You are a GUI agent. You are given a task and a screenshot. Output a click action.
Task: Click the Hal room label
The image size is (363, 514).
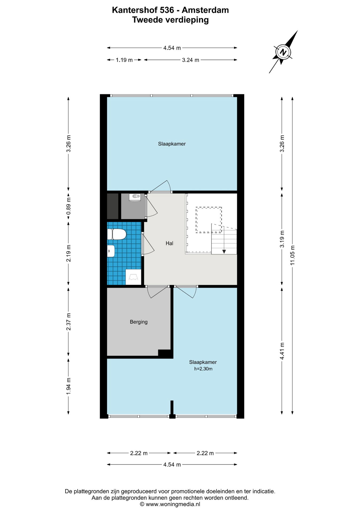[x=169, y=243]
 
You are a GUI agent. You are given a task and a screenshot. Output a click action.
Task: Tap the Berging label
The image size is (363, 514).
[x=139, y=322]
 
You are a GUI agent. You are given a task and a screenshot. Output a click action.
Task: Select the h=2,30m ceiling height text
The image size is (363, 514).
[x=203, y=369]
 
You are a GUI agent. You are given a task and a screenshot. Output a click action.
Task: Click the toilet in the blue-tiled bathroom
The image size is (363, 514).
[x=117, y=234]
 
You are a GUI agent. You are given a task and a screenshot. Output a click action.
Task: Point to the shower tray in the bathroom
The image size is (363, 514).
[x=133, y=277]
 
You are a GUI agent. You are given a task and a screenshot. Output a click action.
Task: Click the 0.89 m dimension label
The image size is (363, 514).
[x=68, y=206]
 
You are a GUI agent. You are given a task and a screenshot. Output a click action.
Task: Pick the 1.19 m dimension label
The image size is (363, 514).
[x=124, y=60]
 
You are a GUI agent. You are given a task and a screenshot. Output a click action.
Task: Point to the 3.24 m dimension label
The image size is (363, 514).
[x=191, y=60]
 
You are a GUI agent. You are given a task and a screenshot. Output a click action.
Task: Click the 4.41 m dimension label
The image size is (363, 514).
[x=282, y=351]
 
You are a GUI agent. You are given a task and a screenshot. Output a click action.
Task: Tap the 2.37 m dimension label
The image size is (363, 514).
[x=68, y=321]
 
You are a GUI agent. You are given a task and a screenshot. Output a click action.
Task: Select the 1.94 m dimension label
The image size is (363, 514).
[x=68, y=386]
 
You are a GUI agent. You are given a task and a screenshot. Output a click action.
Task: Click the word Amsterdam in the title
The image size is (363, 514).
[x=205, y=10]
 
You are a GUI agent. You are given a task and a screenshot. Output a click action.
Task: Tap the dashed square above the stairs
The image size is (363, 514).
[x=209, y=220]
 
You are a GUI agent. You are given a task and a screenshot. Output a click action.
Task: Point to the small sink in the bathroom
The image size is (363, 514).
[x=111, y=251]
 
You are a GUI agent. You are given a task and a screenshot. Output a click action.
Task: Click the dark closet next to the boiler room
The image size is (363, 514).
[x=113, y=206]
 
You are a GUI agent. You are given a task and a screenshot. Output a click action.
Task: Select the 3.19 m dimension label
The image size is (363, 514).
[x=282, y=239]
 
